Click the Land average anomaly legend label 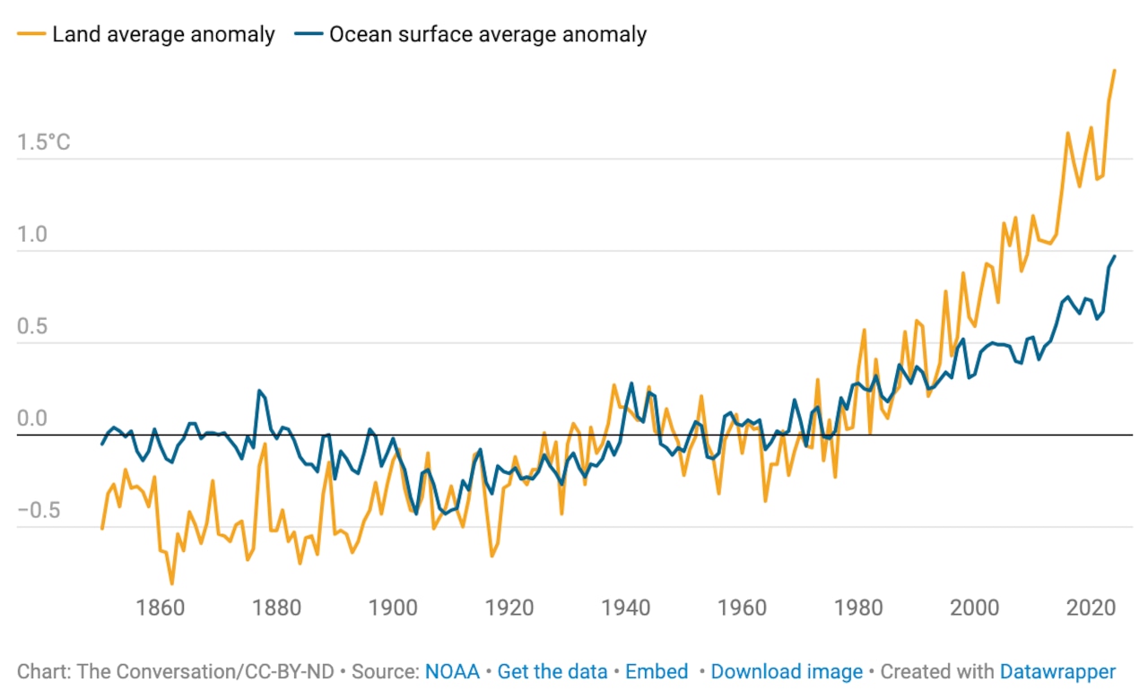(x=162, y=36)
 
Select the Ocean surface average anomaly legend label (x=488, y=36)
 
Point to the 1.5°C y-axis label (x=43, y=143)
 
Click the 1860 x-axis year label (x=161, y=608)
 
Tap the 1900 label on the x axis (x=393, y=608)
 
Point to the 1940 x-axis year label (x=625, y=608)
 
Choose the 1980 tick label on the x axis (x=858, y=608)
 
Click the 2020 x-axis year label (x=1091, y=608)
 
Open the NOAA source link (x=452, y=672)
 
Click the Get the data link (x=552, y=672)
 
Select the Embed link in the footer (x=657, y=672)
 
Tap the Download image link (x=787, y=672)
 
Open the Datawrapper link (x=1057, y=672)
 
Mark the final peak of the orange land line (x=1114, y=70)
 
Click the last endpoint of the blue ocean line (x=1115, y=256)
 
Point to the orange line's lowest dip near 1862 (x=171, y=583)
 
